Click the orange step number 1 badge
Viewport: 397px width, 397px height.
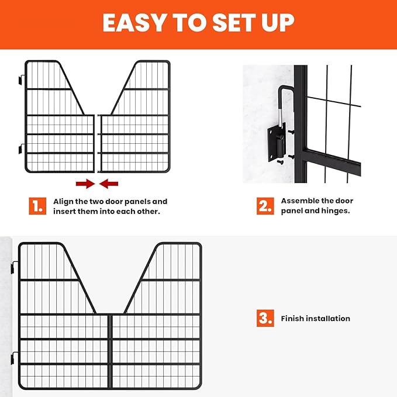click(x=37, y=206)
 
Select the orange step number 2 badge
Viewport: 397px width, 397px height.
click(x=265, y=206)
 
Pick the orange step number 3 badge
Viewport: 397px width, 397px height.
click(x=265, y=318)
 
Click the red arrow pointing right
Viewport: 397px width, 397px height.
click(x=85, y=184)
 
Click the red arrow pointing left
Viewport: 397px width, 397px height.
click(x=108, y=184)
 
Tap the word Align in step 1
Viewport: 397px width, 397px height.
click(x=64, y=201)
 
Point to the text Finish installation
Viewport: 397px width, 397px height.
click(x=315, y=319)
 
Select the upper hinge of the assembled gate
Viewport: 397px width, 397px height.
click(x=14, y=269)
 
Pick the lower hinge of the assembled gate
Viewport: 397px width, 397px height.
click(x=14, y=358)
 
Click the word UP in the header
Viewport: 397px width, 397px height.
click(x=274, y=23)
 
